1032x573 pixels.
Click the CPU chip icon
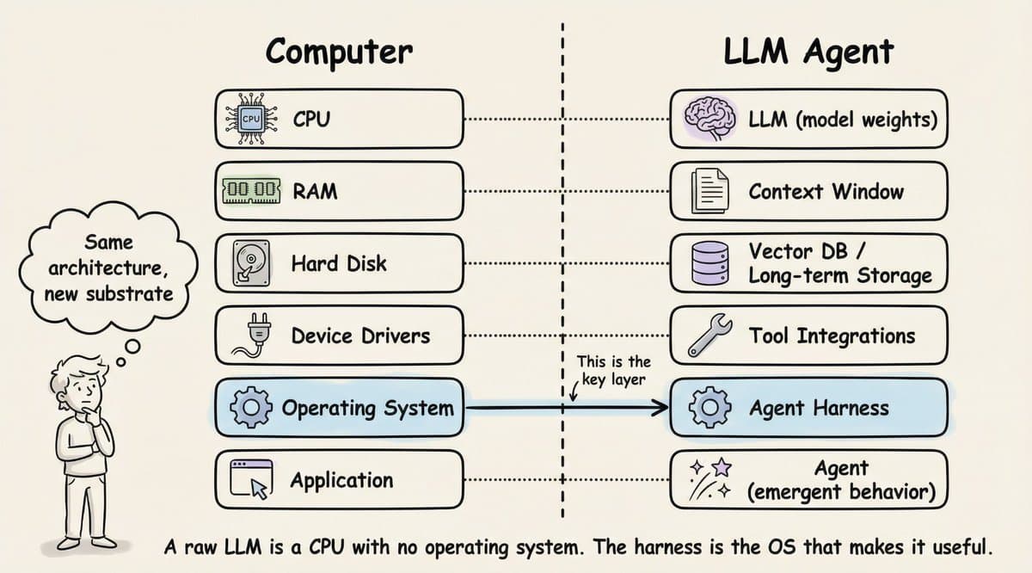(250, 119)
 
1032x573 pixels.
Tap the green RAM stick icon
(251, 191)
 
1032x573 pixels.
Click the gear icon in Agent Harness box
(709, 408)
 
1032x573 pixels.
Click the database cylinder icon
(709, 263)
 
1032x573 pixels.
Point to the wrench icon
(709, 336)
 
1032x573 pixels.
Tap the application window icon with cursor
(251, 480)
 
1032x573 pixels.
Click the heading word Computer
(339, 52)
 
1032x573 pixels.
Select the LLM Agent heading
(808, 52)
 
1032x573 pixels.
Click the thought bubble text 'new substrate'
(108, 293)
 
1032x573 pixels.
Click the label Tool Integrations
(832, 336)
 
